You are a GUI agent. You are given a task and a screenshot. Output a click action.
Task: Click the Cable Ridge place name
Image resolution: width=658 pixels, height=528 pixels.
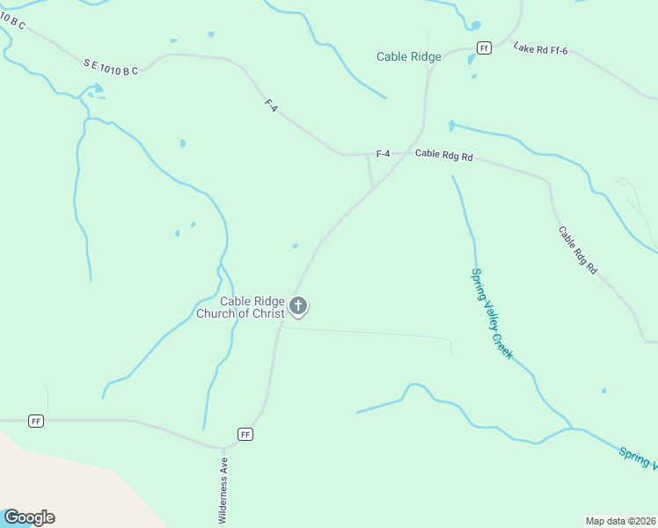[x=408, y=56]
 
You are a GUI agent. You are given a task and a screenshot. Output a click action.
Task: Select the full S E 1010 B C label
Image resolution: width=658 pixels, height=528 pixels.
[x=111, y=66]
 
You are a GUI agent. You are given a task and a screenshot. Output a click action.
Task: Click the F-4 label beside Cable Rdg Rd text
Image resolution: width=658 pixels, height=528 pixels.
[x=383, y=155]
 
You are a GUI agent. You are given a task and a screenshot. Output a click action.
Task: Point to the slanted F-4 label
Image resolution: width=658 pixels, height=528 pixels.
[x=271, y=104]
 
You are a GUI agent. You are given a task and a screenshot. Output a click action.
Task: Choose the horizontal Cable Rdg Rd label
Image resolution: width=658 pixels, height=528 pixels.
[x=444, y=155]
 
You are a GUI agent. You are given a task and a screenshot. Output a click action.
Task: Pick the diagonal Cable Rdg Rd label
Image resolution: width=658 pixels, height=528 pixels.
[x=578, y=251]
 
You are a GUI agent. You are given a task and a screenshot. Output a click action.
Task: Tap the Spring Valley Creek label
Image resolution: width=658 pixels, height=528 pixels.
[x=493, y=314]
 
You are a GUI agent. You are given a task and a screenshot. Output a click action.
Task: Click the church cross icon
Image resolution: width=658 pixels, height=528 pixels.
[x=299, y=306]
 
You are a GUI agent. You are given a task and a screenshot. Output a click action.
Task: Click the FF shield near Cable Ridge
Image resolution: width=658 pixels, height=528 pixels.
[x=483, y=48]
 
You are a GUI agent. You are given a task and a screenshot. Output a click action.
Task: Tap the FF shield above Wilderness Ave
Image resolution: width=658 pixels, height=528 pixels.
[x=245, y=434]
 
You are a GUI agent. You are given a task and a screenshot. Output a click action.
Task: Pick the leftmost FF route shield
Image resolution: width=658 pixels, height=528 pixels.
[x=36, y=421]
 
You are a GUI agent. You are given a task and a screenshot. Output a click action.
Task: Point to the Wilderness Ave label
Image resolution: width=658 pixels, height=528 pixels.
[x=223, y=491]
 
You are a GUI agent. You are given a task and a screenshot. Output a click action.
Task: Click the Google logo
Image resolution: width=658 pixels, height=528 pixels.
[x=29, y=517]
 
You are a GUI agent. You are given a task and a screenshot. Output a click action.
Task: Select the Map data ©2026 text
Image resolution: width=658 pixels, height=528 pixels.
[x=620, y=521]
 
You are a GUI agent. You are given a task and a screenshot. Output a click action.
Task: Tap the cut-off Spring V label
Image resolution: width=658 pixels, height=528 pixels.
[x=638, y=458]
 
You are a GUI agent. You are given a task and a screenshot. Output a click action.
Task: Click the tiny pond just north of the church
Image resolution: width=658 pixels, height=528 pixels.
[x=295, y=246]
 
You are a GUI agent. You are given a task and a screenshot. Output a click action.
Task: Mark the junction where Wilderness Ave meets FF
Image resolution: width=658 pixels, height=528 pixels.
[x=223, y=445]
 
